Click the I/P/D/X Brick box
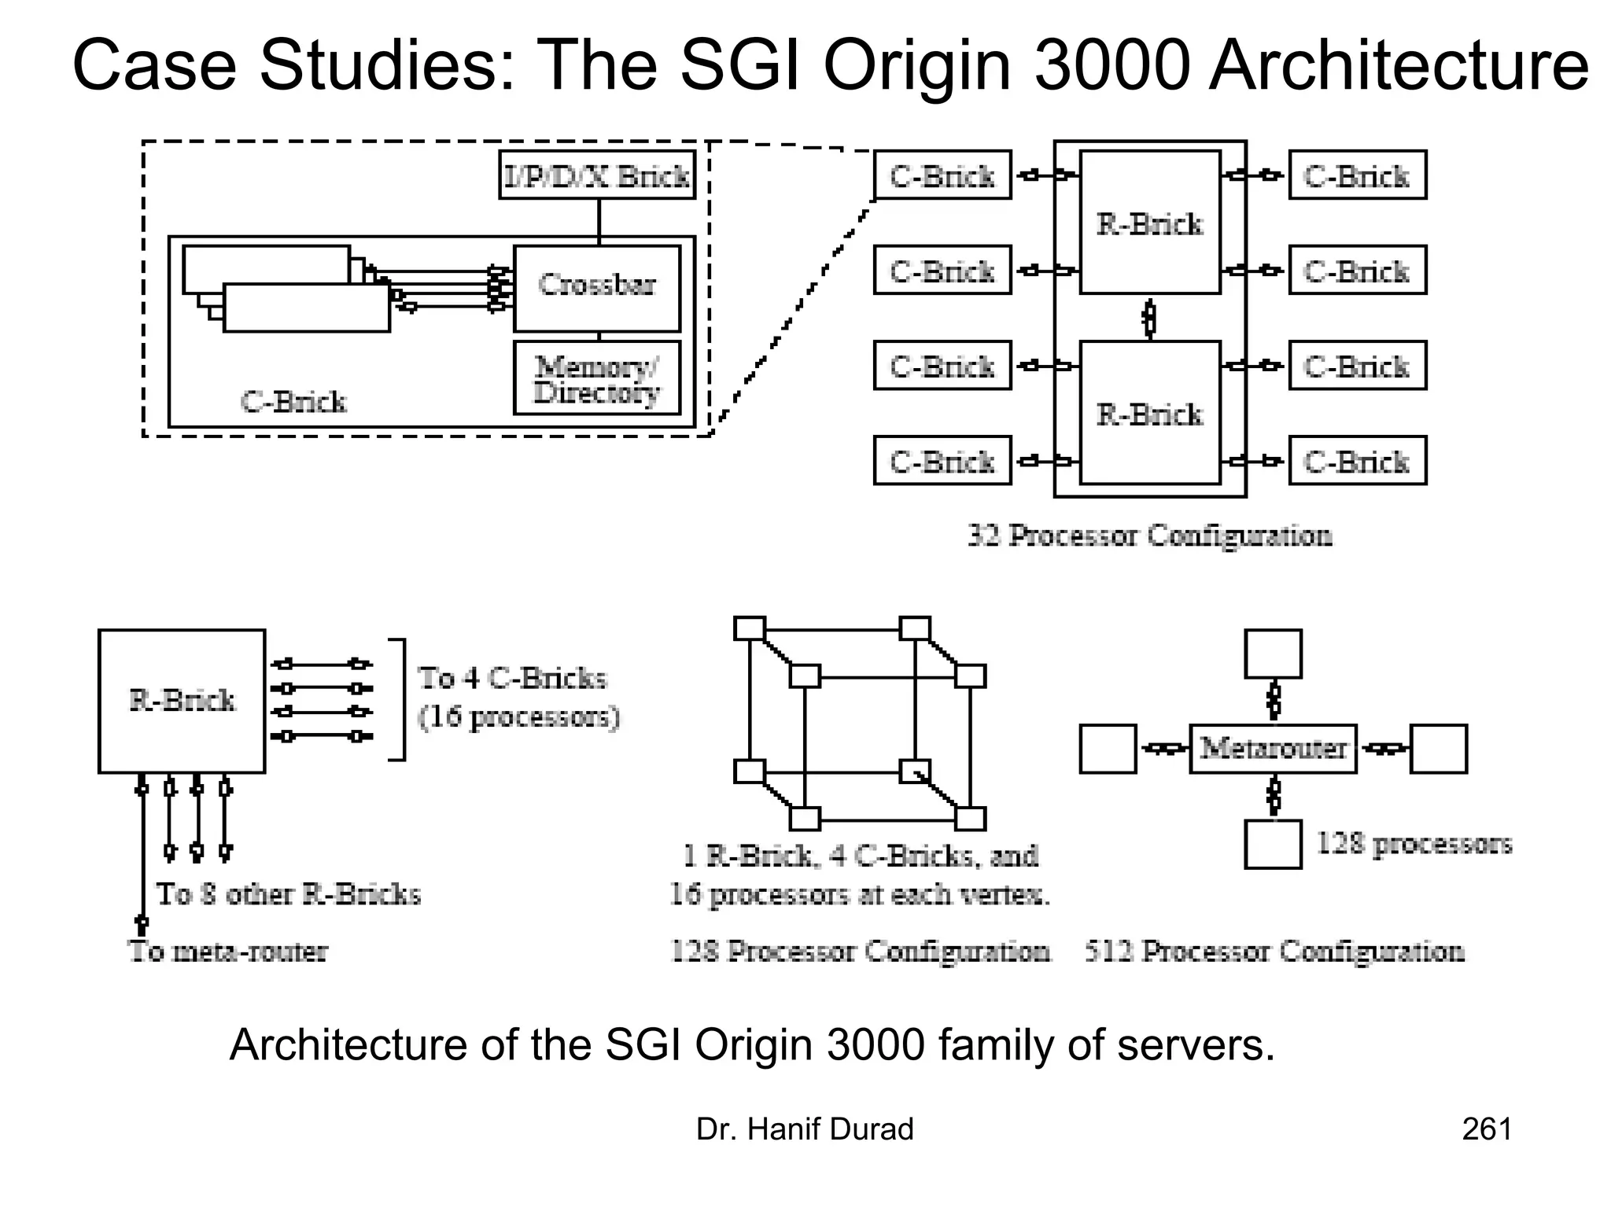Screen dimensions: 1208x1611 (597, 175)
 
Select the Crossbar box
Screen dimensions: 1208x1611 (597, 289)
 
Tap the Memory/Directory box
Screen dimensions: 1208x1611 (597, 378)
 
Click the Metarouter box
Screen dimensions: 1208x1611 (1273, 749)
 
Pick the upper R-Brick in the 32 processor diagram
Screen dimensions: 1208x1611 (1150, 223)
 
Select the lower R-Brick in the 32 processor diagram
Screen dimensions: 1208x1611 (1150, 413)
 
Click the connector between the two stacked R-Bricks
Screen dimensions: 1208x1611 (1150, 318)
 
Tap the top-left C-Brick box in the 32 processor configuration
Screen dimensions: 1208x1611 (942, 175)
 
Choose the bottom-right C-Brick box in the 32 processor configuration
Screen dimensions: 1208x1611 (1357, 461)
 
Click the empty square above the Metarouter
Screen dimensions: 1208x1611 (1273, 654)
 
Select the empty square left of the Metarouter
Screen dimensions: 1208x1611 (1108, 749)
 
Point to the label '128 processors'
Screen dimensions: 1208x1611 (1414, 844)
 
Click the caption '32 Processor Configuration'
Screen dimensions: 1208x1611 (1150, 536)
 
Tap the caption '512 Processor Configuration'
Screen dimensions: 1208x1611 (1274, 952)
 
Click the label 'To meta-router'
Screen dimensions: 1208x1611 (228, 952)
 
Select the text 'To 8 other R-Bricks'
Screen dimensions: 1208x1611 (289, 894)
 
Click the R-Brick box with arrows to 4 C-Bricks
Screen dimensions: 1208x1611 (182, 701)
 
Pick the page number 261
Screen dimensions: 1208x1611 (1486, 1129)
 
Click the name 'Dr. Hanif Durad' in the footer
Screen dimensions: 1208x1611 (805, 1129)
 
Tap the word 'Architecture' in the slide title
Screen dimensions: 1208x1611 (1398, 66)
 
